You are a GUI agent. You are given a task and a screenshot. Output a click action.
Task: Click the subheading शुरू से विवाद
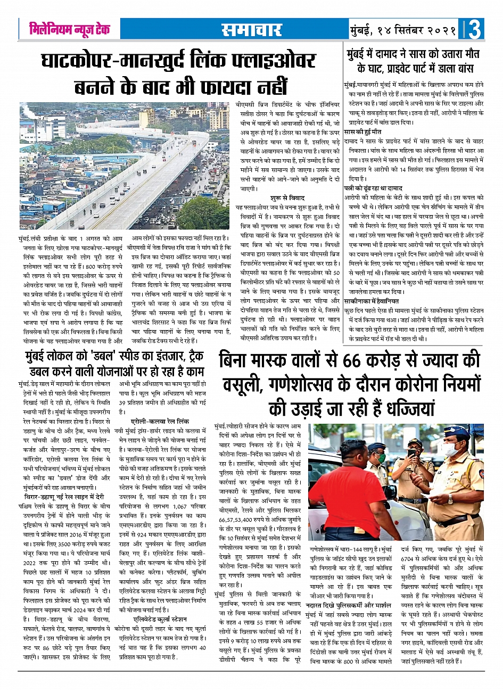(286, 198)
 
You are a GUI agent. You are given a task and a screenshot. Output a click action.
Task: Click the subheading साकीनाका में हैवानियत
(375, 300)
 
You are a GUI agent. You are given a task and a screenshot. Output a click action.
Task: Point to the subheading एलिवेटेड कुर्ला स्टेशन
(160, 619)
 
